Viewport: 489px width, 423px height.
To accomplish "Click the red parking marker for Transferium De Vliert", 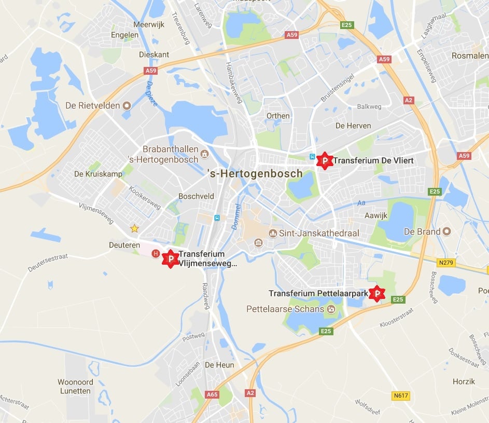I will [x=325, y=161].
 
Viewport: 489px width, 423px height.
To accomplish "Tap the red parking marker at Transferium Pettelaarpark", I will [x=378, y=294].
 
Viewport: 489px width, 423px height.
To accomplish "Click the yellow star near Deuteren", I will [x=134, y=228].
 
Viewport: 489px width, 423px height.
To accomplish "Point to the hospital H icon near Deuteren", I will [x=155, y=253].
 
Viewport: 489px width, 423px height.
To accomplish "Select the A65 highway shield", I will [x=212, y=394].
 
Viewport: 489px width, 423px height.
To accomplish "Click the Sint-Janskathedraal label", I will [x=319, y=233].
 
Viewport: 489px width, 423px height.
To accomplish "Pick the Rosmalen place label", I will [x=470, y=56].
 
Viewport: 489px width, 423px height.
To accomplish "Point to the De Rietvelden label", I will [x=93, y=105].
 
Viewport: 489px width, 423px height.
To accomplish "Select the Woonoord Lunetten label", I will [x=75, y=387].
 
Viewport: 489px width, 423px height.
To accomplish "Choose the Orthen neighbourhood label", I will [x=278, y=116].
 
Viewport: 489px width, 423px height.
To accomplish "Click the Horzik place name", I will [x=463, y=381].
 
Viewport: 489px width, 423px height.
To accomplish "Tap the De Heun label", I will [x=219, y=365].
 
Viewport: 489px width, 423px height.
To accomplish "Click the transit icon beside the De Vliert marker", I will [x=312, y=157].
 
